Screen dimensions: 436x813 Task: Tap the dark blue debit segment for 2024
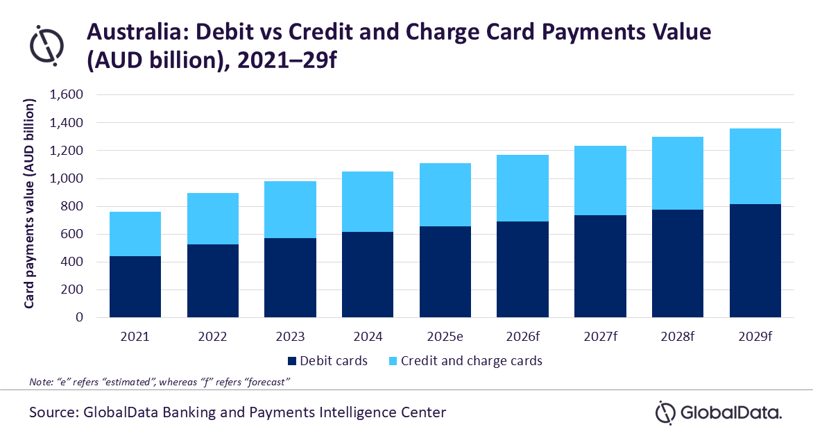(368, 275)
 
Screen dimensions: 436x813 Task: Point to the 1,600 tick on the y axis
(67, 95)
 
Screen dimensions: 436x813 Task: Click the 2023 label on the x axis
(290, 337)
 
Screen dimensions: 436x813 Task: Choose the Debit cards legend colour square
(291, 361)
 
